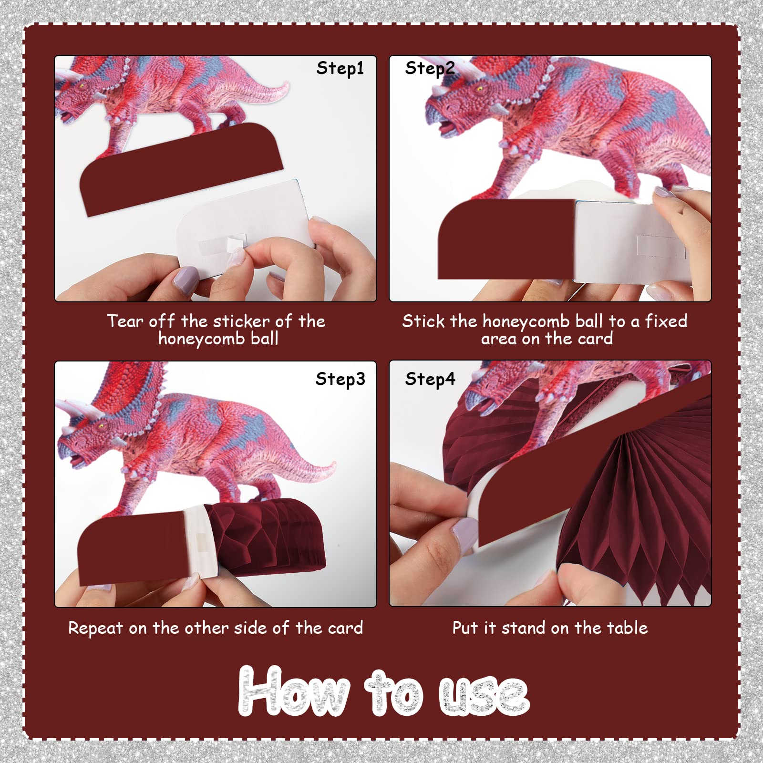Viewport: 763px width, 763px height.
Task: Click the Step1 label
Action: coord(340,69)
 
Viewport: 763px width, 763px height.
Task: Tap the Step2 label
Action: coord(430,69)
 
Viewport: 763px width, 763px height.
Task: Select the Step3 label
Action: coord(340,379)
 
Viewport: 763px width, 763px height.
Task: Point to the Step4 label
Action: coord(430,379)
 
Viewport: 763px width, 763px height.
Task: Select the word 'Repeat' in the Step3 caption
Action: coord(95,628)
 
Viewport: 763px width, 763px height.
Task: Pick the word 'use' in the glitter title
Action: coord(484,696)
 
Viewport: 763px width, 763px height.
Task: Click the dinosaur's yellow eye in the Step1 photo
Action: coord(82,86)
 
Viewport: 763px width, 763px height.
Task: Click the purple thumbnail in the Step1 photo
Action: coord(185,279)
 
